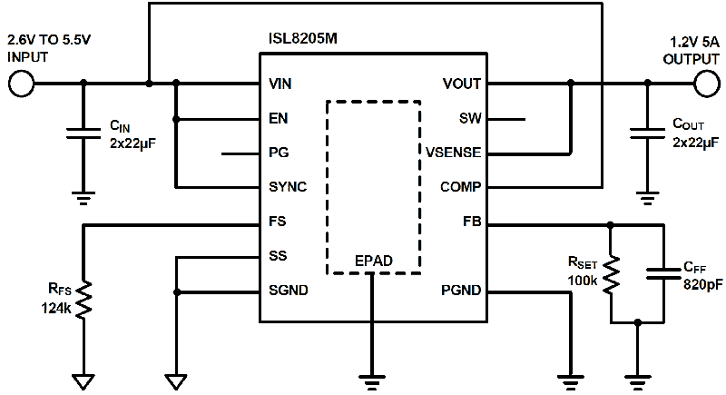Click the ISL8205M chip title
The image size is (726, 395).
tap(302, 40)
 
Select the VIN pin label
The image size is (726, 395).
tap(281, 84)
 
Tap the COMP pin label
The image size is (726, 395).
tap(461, 187)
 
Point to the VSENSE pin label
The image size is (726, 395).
tap(453, 153)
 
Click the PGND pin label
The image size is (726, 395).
tap(461, 291)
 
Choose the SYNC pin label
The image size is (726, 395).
tap(288, 187)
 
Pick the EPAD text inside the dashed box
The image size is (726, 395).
tap(373, 262)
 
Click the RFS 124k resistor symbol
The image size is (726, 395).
tap(83, 300)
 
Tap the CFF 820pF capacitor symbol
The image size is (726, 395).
tap(665, 273)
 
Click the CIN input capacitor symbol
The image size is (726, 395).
tap(83, 135)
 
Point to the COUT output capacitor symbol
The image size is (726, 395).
tap(647, 135)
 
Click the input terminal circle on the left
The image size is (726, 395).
tap(22, 84)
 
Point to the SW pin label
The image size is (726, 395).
tap(470, 119)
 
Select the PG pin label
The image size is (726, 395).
tap(280, 153)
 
